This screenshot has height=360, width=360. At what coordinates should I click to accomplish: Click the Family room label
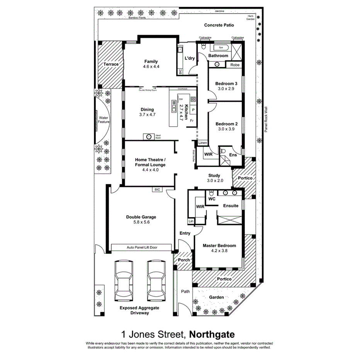[151, 62]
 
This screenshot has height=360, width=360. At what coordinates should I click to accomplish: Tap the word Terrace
[110, 64]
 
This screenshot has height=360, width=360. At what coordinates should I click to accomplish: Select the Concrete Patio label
[219, 25]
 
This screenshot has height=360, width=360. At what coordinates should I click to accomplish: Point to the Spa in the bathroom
[221, 48]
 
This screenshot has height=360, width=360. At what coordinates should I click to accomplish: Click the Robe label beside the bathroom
[235, 65]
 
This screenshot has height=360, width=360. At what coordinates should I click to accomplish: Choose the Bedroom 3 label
[226, 84]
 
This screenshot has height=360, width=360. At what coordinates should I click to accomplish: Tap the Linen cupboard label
[203, 143]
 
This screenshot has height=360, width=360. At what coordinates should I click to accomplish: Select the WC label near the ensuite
[212, 199]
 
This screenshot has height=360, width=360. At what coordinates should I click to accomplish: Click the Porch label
[183, 260]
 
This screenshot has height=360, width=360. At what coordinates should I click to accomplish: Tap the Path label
[186, 291]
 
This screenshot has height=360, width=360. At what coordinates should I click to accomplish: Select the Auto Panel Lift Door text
[141, 247]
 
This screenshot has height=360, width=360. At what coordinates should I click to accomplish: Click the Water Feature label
[104, 120]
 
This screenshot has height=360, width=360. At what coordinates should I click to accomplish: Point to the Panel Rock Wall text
[266, 120]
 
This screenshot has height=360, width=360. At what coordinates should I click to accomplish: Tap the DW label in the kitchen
[181, 99]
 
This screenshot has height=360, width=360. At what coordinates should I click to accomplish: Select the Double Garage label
[141, 217]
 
